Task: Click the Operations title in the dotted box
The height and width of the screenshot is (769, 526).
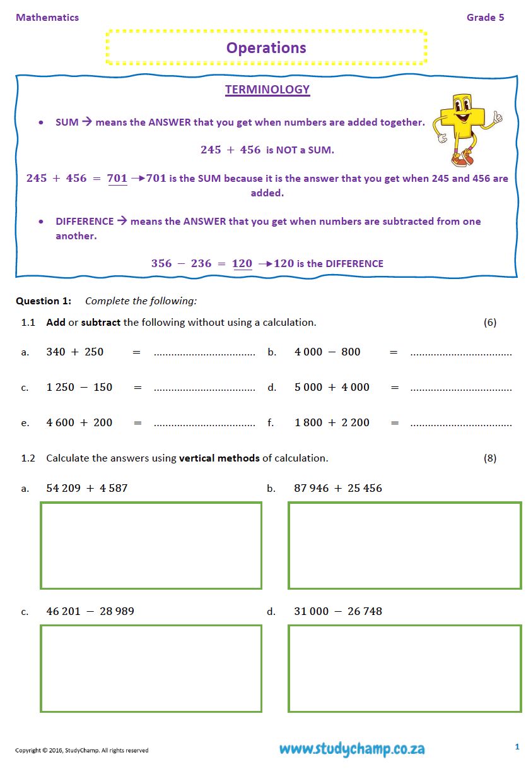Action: coord(266,48)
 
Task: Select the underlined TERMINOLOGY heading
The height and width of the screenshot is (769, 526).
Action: coord(267,90)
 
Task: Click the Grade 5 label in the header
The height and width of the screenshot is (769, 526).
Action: coord(485,18)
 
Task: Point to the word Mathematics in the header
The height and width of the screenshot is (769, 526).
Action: coord(47,18)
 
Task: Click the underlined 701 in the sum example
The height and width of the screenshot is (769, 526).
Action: coord(117,179)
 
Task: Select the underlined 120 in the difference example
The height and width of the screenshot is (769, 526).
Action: coord(242,264)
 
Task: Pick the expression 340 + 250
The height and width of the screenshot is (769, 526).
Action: coord(75,352)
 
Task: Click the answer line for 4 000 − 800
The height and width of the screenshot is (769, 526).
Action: coord(460,354)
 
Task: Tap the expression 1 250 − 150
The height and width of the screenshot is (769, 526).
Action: coord(79,387)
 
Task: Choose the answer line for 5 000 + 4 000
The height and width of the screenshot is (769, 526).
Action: coord(460,389)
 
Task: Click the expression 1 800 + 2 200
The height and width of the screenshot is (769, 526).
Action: coord(332,422)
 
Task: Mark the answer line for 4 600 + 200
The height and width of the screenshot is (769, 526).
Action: coord(204,424)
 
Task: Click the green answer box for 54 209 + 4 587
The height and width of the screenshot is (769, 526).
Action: coord(151,545)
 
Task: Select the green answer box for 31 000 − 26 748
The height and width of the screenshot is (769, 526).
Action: coord(405,668)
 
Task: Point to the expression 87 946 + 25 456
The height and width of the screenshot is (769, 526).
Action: coord(338,488)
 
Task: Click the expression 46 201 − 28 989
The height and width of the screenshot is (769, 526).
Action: coord(90,611)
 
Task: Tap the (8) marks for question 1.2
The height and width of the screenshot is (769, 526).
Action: coord(490,458)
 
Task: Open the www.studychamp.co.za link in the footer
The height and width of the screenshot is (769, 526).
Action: coord(352,749)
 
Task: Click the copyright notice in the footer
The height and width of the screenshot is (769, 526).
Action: coord(82,751)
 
